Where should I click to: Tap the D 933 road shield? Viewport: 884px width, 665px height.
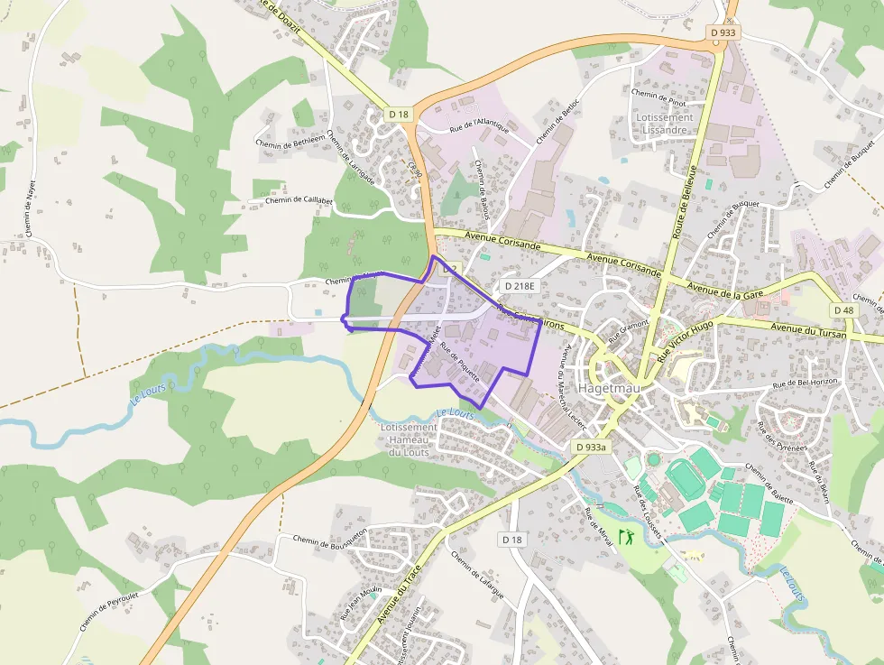click(x=723, y=32)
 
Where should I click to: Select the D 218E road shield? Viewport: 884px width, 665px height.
click(x=520, y=286)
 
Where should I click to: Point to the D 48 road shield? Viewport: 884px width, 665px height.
click(x=843, y=310)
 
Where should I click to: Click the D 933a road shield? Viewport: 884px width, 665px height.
click(x=592, y=447)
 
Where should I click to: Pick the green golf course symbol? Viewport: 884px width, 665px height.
click(x=625, y=538)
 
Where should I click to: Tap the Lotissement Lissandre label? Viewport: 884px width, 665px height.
click(x=664, y=124)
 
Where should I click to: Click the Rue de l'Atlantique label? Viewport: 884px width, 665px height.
click(x=479, y=125)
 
